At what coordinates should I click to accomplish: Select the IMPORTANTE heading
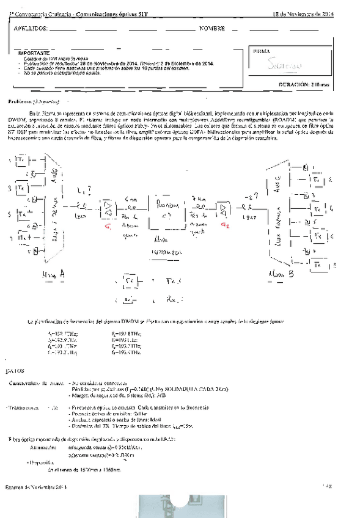coord(33,54)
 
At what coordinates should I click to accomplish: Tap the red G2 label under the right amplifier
coord(226,225)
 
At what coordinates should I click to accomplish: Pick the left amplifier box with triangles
coord(108,210)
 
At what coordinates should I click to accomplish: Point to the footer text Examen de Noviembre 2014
coord(35,486)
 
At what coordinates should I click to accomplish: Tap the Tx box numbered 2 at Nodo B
coord(315,181)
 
